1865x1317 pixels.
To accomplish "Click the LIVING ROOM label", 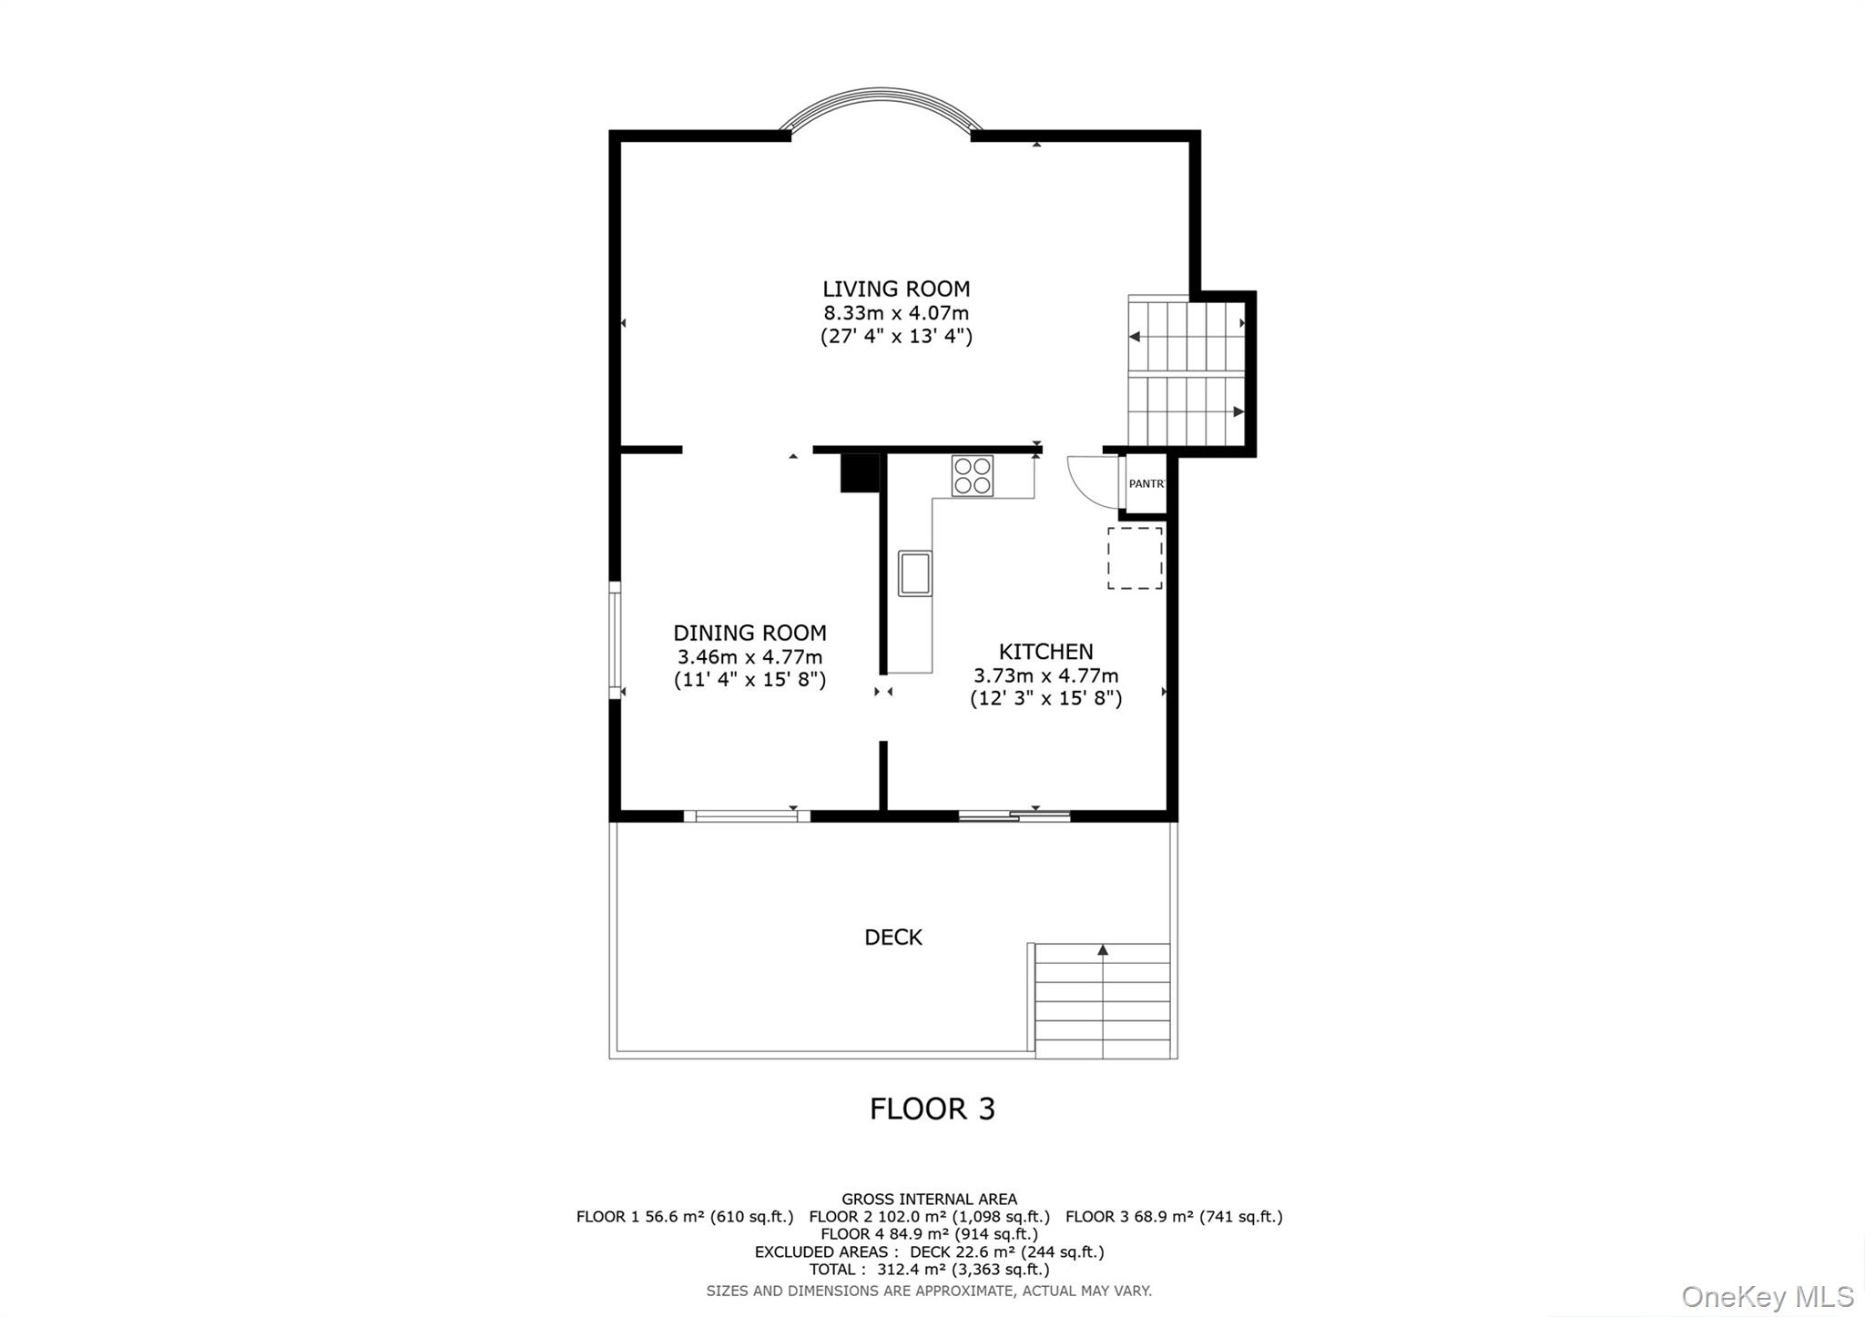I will tap(896, 289).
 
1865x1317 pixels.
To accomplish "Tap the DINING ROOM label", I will tap(749, 633).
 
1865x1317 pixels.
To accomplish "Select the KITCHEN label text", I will tap(1045, 652).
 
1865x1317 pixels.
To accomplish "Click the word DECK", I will tap(892, 937).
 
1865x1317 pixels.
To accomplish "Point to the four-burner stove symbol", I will tap(972, 476).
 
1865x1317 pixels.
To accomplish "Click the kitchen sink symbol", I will tap(914, 572).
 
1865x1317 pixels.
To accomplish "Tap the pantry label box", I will tap(1145, 483).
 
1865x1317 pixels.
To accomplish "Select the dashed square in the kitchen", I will tap(1135, 557).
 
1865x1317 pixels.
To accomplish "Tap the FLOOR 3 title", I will tap(932, 1109).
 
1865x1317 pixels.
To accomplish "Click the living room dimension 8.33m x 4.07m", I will tap(896, 313).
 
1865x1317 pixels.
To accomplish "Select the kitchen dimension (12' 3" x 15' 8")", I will tap(1045, 699).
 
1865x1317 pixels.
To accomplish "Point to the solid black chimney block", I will tap(859, 473).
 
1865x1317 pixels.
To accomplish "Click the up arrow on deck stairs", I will tap(1103, 950).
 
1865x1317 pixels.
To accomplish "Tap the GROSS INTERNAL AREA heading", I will tap(929, 1200).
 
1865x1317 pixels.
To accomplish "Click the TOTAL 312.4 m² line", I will tap(929, 1270).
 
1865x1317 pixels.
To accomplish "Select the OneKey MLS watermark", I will tap(1767, 1296).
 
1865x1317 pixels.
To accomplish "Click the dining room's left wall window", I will tap(616, 640).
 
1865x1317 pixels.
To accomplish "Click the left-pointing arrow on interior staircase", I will tap(1135, 337).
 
